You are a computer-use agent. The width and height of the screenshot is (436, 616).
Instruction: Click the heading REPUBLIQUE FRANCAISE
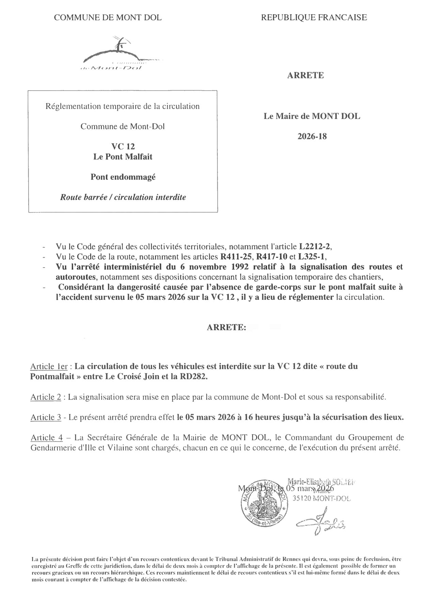314,17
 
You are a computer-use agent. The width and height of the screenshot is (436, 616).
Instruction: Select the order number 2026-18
312,137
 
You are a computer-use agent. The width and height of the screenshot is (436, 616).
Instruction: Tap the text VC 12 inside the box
123,147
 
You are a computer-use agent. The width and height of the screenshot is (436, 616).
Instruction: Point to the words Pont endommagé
123,177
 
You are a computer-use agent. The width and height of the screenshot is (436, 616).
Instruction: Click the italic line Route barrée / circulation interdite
123,197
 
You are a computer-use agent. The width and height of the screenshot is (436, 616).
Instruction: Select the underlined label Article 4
47,437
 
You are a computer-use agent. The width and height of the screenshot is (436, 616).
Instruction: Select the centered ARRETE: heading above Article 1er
227,328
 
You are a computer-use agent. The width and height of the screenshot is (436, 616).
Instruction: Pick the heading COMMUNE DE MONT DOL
108,17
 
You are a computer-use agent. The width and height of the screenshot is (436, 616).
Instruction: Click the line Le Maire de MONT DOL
312,116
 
